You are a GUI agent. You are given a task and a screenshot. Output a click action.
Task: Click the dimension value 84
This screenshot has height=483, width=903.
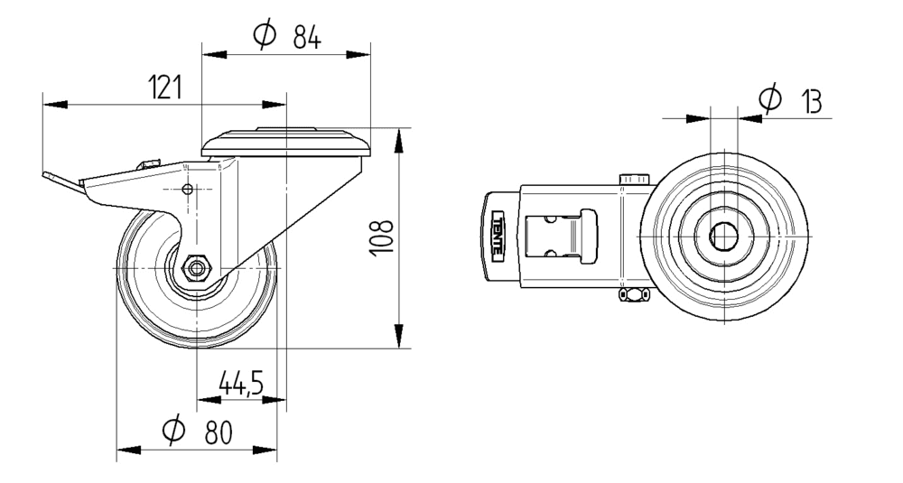tap(307, 38)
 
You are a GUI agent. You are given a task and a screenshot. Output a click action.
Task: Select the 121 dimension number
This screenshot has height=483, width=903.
tap(165, 88)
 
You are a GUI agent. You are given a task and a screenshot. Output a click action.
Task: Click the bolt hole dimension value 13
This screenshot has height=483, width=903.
tap(810, 101)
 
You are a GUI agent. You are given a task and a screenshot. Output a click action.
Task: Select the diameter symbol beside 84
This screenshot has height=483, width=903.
tap(265, 36)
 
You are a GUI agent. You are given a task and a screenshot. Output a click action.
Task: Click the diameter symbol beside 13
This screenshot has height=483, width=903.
tap(769, 98)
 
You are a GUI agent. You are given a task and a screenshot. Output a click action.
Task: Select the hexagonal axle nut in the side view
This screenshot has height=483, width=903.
tap(196, 268)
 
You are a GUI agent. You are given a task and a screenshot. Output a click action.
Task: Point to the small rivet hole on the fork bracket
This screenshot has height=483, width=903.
tap(187, 190)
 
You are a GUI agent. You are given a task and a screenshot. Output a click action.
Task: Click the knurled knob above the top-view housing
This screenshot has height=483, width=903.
tap(634, 180)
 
